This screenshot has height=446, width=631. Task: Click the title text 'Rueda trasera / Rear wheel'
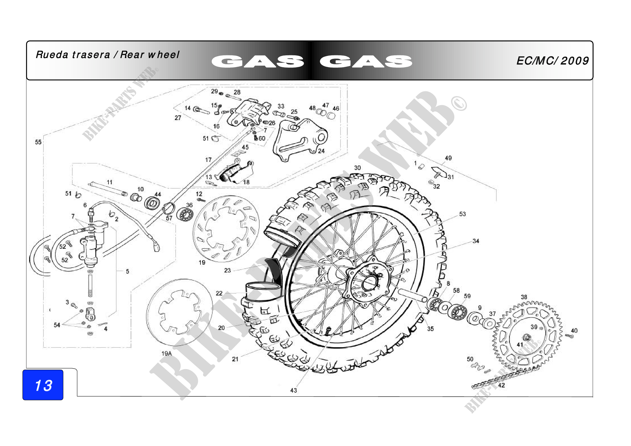[107, 55]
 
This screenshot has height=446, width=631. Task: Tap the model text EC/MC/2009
[552, 61]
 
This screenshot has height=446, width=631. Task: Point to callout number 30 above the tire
[357, 168]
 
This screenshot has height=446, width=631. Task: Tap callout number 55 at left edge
[38, 142]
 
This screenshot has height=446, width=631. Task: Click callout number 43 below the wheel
[294, 390]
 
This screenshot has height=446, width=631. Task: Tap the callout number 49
[448, 158]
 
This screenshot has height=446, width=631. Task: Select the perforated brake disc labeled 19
[226, 229]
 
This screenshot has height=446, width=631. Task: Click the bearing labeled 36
[185, 214]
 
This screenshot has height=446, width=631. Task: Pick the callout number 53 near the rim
[463, 214]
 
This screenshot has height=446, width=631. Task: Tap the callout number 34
[476, 241]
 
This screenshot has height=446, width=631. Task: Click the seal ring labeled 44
[152, 204]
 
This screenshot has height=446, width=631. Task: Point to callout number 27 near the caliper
[178, 118]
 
